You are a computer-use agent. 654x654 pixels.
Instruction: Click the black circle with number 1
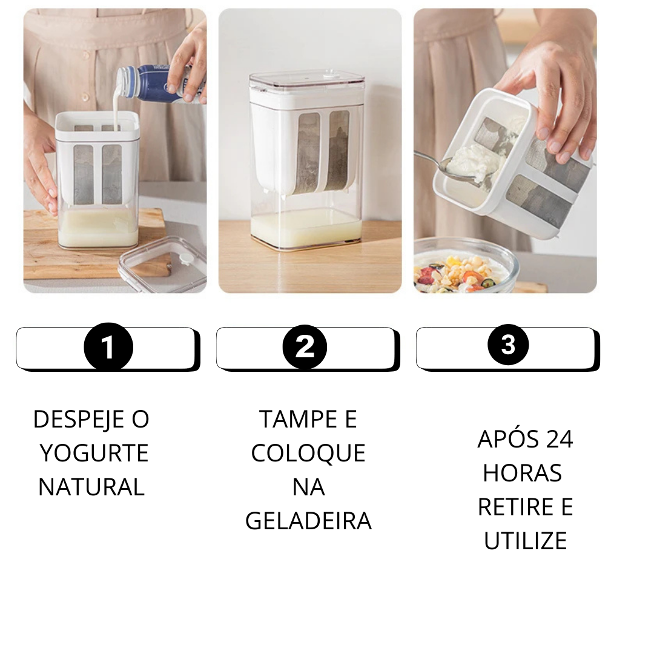(x=108, y=347)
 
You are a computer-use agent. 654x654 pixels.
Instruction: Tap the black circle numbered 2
(x=305, y=346)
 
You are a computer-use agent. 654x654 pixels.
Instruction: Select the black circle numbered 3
(x=508, y=345)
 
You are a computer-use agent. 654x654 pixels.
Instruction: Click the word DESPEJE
(x=79, y=419)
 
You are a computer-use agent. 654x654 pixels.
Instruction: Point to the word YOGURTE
(x=94, y=453)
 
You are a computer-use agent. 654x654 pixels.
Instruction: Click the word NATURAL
(x=91, y=487)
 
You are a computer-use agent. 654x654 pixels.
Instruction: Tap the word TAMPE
(x=298, y=419)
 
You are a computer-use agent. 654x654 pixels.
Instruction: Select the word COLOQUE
(x=308, y=453)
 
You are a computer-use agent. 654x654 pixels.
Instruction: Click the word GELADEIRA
(x=308, y=521)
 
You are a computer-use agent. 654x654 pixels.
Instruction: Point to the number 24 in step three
(x=560, y=439)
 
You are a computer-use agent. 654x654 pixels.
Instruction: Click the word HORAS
(x=522, y=473)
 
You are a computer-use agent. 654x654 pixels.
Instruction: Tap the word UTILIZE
(x=526, y=541)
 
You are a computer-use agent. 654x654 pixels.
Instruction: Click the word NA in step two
(x=309, y=487)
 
